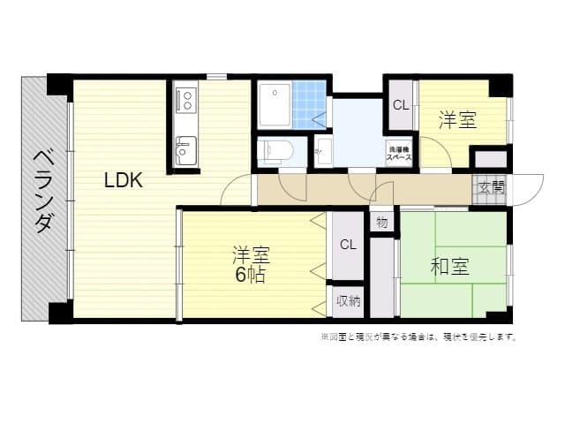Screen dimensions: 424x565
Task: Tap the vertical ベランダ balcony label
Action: click(x=41, y=191)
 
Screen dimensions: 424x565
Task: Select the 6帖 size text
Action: click(x=250, y=275)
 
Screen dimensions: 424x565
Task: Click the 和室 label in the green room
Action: click(x=450, y=266)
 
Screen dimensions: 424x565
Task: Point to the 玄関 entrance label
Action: click(x=493, y=187)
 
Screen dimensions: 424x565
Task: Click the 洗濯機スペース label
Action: click(x=399, y=152)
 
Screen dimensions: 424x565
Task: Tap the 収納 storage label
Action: click(x=348, y=302)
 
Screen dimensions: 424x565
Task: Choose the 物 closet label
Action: click(x=381, y=222)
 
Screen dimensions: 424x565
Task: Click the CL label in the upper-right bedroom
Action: click(x=400, y=105)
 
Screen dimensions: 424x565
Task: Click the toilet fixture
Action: click(x=275, y=149)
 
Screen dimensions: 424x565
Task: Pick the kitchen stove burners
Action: click(x=186, y=98)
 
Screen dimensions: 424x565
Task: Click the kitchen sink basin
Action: click(x=185, y=150)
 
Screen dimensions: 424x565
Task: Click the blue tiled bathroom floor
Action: click(x=310, y=104)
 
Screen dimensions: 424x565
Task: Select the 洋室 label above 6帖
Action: click(x=250, y=255)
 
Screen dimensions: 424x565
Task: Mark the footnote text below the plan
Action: click(x=418, y=337)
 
